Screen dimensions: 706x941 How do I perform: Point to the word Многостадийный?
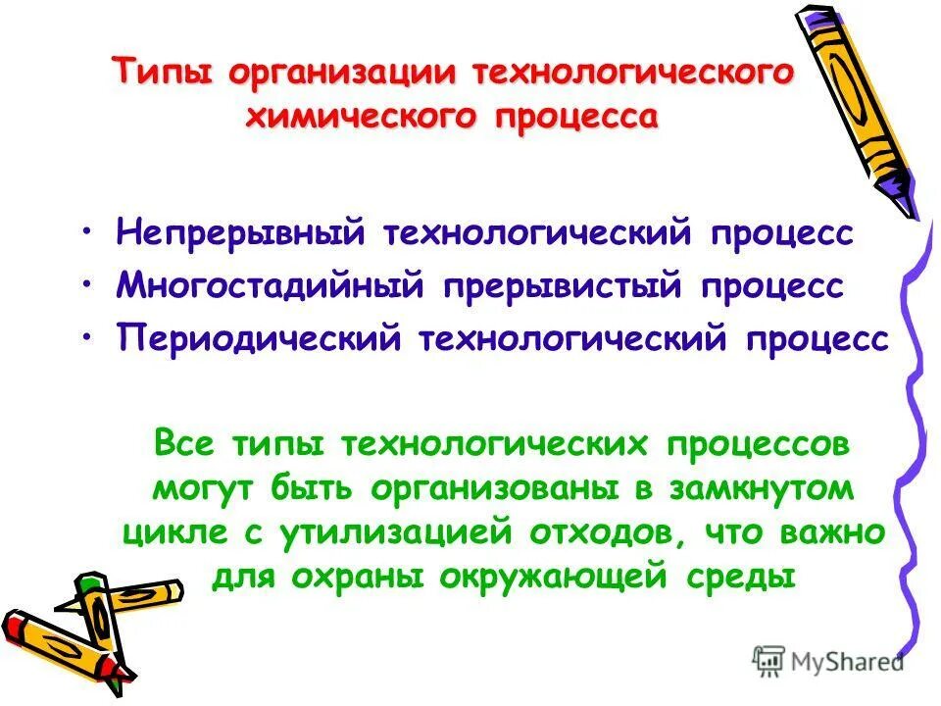[x=271, y=286]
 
